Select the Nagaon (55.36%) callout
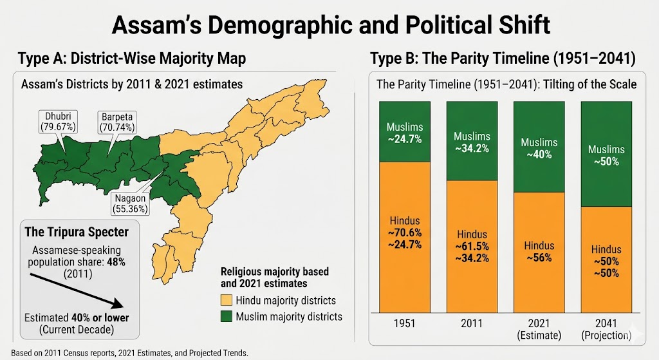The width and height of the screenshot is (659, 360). [131, 203]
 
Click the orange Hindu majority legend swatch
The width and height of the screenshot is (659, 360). [226, 300]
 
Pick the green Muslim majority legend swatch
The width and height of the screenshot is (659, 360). [226, 316]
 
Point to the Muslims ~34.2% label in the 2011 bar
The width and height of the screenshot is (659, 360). [471, 142]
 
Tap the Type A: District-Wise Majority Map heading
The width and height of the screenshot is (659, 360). [132, 59]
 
